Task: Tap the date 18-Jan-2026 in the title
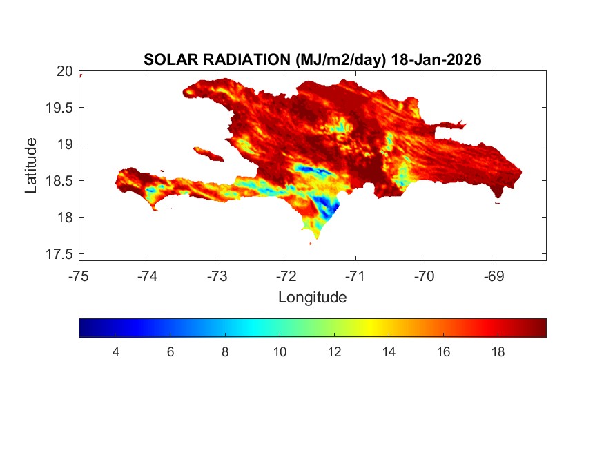coord(436,60)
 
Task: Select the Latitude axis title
coord(31,165)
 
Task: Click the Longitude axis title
coord(312,298)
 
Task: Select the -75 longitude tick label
coord(79,277)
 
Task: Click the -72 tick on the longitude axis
coord(286,277)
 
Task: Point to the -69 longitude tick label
coord(494,277)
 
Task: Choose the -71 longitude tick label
coord(355,277)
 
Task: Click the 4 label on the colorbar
coord(116,352)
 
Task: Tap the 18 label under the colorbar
coord(498,352)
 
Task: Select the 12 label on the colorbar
coord(334,352)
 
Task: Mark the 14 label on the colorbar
coord(389,352)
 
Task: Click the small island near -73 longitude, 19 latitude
coord(207,153)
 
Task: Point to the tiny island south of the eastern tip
coord(498,202)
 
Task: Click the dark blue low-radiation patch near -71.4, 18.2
coord(330,205)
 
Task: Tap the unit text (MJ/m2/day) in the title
coord(331,60)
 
